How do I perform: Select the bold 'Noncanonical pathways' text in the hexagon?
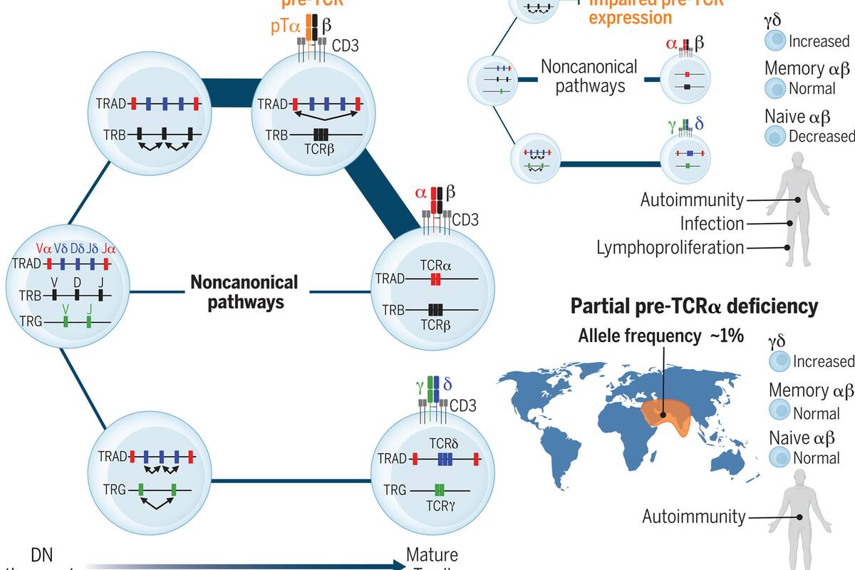tap(244, 292)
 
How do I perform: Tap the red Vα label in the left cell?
tap(44, 249)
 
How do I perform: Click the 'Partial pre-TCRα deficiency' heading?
tap(694, 307)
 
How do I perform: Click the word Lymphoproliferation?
tap(670, 247)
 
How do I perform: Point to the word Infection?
tap(712, 224)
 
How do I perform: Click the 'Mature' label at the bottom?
tap(432, 554)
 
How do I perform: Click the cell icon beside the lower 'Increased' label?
tap(779, 361)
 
